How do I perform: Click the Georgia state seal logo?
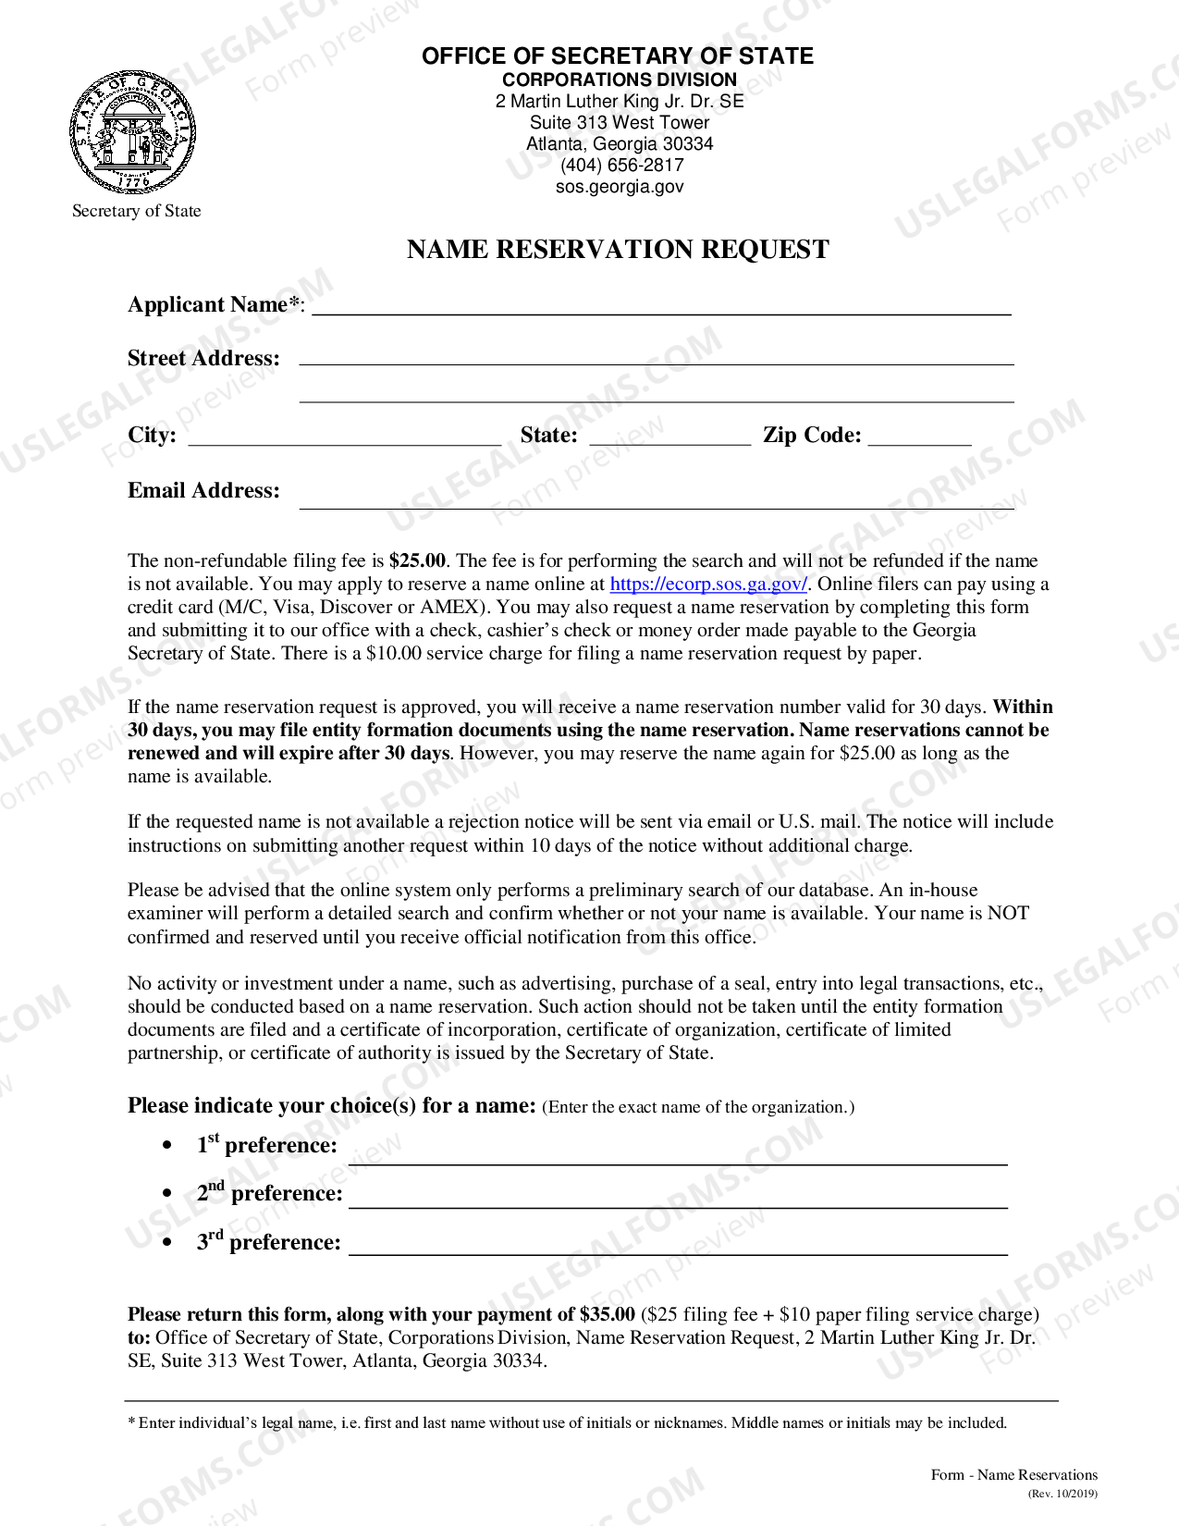click(133, 131)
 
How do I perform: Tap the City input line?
click(344, 437)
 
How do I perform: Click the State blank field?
click(669, 437)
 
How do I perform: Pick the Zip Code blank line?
click(919, 437)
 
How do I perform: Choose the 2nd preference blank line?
click(677, 1200)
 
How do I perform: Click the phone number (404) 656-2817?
click(621, 166)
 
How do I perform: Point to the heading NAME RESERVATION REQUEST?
click(618, 250)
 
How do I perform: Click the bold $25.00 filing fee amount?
click(417, 561)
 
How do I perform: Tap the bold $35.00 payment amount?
click(607, 1315)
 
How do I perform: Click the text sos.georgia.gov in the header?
click(620, 187)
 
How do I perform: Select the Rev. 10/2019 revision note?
click(1062, 1494)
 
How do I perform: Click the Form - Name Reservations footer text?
click(1013, 1475)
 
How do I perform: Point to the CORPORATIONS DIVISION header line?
click(619, 80)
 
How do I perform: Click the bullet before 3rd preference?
click(166, 1243)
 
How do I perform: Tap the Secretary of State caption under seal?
click(137, 211)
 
